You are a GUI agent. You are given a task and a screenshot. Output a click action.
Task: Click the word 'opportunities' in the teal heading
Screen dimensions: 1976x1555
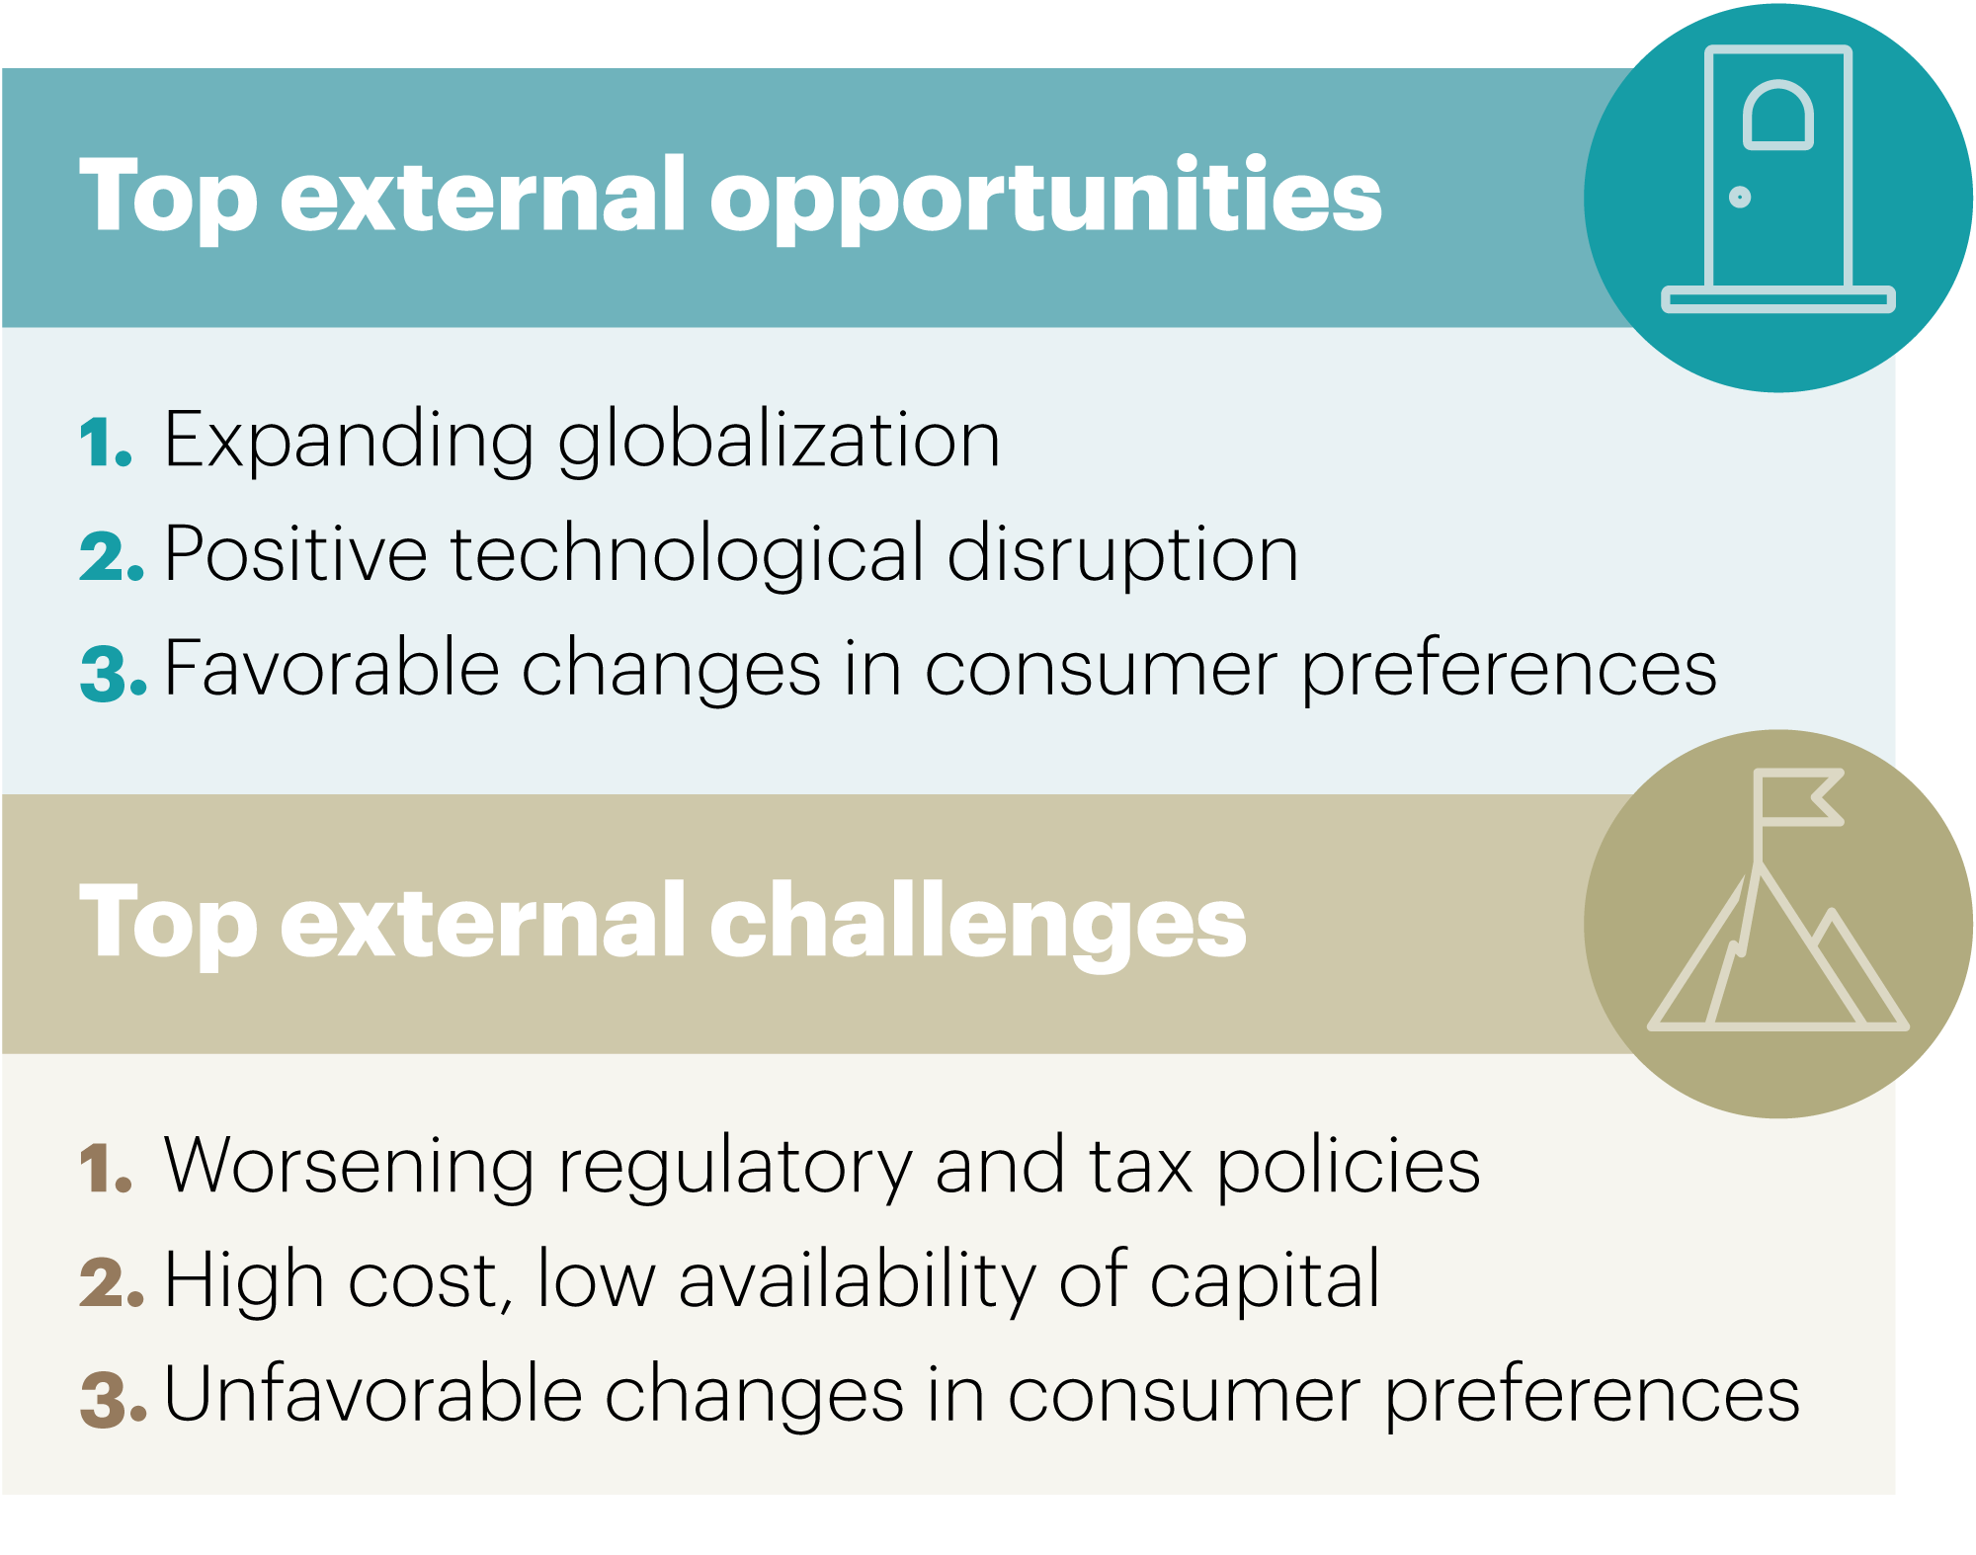(1046, 198)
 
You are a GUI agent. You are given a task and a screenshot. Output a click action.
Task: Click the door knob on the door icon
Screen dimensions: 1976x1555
(1740, 198)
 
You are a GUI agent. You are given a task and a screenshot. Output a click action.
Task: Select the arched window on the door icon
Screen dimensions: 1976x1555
(1778, 115)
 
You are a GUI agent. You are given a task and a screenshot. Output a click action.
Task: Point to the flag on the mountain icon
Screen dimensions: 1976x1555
(1798, 797)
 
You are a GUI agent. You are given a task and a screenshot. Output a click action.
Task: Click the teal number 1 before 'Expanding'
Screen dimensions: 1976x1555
(105, 442)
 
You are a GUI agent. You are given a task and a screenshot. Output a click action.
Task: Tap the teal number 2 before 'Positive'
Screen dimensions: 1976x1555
(112, 556)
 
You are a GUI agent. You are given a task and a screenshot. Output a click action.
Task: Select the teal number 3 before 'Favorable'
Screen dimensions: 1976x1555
(114, 673)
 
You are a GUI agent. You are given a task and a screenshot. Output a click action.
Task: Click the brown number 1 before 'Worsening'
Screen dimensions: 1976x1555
(105, 1168)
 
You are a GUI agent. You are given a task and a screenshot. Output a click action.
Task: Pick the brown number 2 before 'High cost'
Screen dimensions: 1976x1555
(112, 1282)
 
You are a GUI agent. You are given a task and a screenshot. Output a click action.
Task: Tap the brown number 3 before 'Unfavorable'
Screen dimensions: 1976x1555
(114, 1399)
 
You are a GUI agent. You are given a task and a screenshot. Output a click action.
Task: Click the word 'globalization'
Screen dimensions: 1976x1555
(779, 442)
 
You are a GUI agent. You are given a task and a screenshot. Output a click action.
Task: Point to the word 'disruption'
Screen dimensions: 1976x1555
(1122, 555)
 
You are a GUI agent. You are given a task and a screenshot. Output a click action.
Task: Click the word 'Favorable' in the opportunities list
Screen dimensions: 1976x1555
(332, 669)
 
